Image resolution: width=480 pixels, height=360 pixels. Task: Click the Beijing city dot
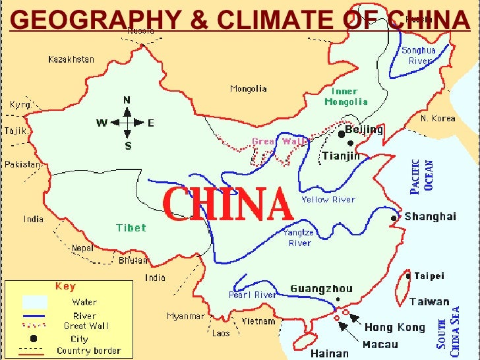click(x=341, y=134)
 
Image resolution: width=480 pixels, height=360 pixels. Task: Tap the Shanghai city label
click(x=430, y=216)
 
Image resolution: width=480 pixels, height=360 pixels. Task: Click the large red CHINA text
click(x=227, y=204)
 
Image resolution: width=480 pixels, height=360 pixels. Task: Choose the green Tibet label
click(x=131, y=227)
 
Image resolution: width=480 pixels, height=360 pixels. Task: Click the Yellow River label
click(x=328, y=199)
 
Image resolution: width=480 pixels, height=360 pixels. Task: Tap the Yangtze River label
click(x=297, y=237)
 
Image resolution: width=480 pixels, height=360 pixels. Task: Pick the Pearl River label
click(x=253, y=295)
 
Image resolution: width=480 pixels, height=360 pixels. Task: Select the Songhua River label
click(x=419, y=55)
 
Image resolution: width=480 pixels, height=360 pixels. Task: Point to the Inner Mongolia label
click(x=345, y=97)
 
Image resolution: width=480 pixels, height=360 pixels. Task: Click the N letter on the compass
click(x=127, y=100)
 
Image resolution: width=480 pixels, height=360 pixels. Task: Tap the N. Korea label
click(x=438, y=119)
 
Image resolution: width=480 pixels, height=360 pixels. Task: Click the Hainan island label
click(x=329, y=353)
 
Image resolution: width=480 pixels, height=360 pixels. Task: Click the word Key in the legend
click(x=65, y=286)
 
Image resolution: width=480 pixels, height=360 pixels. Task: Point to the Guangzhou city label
click(x=321, y=289)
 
